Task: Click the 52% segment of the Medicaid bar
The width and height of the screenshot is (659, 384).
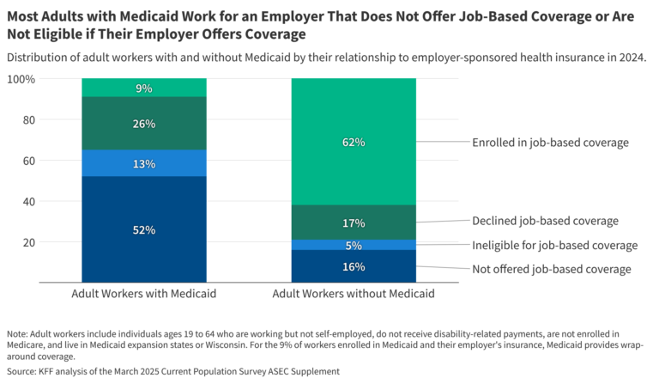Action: click(144, 229)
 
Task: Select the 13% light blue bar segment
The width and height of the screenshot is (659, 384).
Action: click(144, 163)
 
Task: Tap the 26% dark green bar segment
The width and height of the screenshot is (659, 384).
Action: click(144, 124)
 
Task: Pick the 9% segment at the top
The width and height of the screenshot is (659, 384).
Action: click(144, 88)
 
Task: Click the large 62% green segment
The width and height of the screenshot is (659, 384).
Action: click(354, 142)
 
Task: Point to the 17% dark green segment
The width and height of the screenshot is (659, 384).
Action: click(354, 222)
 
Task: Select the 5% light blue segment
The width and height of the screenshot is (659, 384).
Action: click(354, 245)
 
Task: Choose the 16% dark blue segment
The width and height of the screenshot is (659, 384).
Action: click(354, 266)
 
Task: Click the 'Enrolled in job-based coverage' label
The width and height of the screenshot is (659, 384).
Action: click(550, 143)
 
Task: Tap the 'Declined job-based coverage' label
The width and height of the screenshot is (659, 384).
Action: click(544, 221)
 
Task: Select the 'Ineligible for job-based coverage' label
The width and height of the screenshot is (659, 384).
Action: click(554, 246)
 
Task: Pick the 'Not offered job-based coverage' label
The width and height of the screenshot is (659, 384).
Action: click(551, 269)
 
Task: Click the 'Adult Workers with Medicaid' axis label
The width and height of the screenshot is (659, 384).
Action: click(144, 294)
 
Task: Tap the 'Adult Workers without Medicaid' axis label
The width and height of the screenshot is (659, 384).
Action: click(354, 294)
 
